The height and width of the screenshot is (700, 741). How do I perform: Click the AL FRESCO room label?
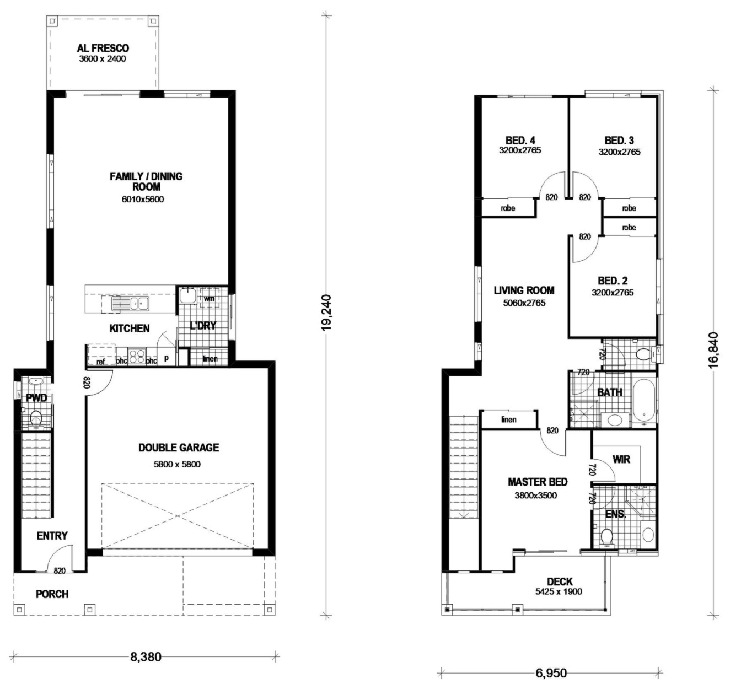tap(103, 48)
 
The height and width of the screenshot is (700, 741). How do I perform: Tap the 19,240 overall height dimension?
tap(326, 313)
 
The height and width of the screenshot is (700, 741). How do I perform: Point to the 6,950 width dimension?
tap(551, 673)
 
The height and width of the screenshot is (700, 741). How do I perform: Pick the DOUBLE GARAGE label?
tap(179, 448)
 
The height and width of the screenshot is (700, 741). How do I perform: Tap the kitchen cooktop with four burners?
tap(137, 356)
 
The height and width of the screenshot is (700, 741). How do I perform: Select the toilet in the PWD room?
tap(36, 418)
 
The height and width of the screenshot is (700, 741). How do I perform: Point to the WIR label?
tap(621, 459)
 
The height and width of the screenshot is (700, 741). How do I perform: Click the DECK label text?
tap(560, 581)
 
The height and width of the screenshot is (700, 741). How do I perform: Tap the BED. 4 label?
tap(520, 141)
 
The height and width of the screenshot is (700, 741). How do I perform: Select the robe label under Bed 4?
tap(508, 208)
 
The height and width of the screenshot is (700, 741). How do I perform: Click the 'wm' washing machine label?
tap(209, 298)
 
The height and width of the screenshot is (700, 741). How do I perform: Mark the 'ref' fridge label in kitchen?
tap(101, 362)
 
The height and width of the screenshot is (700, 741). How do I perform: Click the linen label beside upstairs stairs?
tap(509, 419)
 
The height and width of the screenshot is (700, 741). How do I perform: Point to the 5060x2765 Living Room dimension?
tap(524, 303)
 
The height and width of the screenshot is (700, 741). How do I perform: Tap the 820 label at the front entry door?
tap(60, 570)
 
